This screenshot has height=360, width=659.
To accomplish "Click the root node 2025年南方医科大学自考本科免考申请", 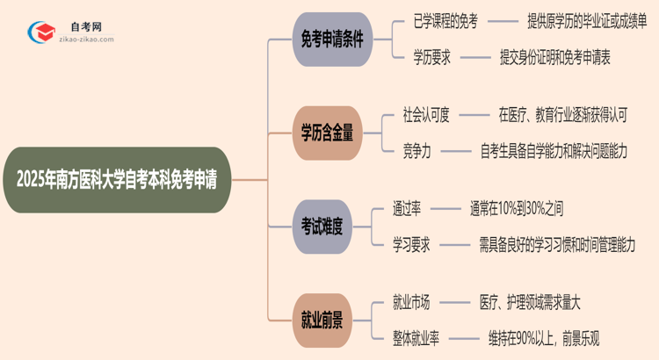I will point(118,179).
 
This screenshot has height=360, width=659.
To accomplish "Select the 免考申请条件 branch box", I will point(326,40).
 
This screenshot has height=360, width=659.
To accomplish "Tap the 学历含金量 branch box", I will point(326,133).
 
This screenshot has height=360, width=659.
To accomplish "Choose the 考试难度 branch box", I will point(326,227).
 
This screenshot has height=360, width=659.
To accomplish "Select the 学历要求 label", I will point(433,58).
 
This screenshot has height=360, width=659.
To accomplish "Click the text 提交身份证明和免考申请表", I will point(554,58).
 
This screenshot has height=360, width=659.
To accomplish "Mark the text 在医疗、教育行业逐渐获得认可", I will point(562,116).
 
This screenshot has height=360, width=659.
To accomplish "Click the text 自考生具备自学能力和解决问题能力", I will point(554,151).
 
